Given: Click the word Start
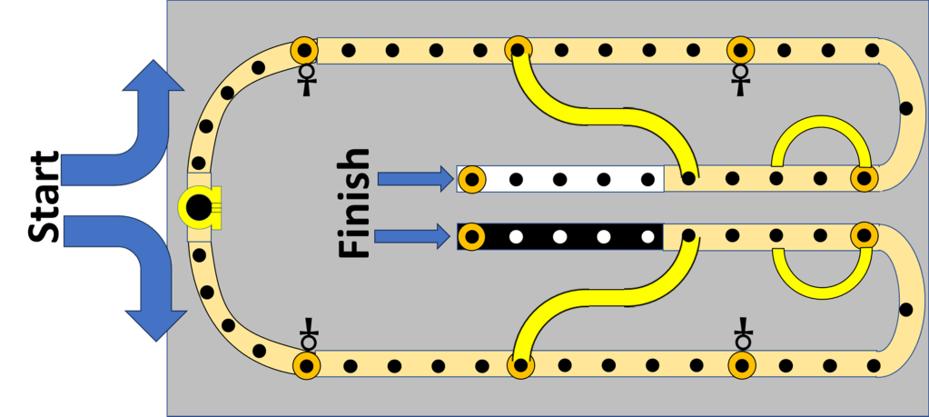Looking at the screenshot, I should (x=44, y=199).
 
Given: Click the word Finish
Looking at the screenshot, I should (x=354, y=204).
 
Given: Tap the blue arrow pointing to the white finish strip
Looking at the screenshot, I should (x=414, y=179).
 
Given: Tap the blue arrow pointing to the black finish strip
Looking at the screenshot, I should (x=414, y=237).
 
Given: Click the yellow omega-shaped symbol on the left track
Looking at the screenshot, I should (x=197, y=208).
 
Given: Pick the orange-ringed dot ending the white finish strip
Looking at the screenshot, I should (x=470, y=179).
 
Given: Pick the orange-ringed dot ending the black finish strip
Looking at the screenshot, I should (x=470, y=237).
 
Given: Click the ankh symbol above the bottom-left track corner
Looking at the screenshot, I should (x=309, y=336).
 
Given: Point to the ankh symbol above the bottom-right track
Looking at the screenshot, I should (x=744, y=336).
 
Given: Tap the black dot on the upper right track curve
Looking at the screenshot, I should (x=904, y=109).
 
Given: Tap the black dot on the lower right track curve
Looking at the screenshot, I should (x=904, y=309).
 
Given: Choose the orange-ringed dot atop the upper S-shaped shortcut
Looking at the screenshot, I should (x=519, y=49).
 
